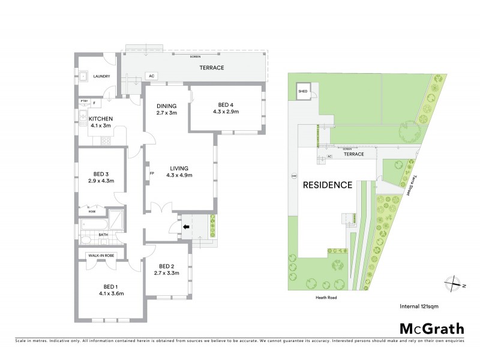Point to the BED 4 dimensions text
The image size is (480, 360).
[x=226, y=112]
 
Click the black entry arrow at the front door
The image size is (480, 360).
[x=185, y=227]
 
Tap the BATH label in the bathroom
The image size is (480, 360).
[x=103, y=235]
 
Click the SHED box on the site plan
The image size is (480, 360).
[x=302, y=92]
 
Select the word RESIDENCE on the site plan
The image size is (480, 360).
[x=327, y=185]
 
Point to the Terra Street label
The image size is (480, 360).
[x=410, y=179]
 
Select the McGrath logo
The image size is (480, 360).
[x=431, y=328]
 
